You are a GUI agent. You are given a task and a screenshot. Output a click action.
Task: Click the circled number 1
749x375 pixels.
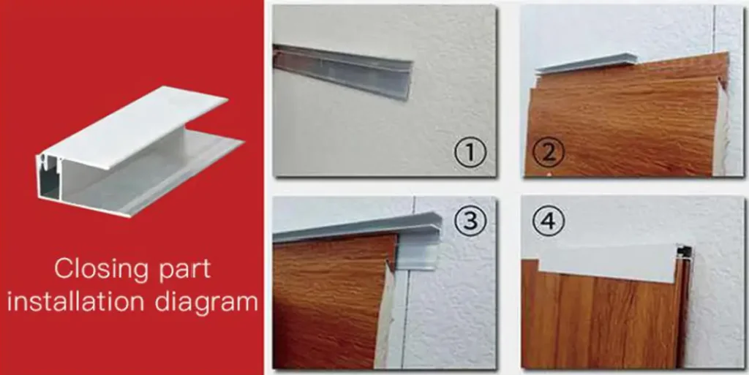[x=470, y=153]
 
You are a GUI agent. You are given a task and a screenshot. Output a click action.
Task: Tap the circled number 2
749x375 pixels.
[x=549, y=153]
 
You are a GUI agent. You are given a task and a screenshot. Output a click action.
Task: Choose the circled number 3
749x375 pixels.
[x=470, y=221]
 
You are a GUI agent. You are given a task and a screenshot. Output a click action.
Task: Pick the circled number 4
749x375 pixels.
[x=549, y=221]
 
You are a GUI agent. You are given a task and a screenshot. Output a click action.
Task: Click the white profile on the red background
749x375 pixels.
[x=138, y=151]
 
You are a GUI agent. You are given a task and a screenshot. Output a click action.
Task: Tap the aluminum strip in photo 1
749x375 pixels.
[x=342, y=71]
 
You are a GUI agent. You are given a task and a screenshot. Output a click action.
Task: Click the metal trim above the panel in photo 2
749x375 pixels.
[x=587, y=64]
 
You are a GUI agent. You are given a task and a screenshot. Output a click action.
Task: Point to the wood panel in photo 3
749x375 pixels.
[x=334, y=300]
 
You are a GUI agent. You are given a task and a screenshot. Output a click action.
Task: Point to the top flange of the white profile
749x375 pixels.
[x=136, y=126]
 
